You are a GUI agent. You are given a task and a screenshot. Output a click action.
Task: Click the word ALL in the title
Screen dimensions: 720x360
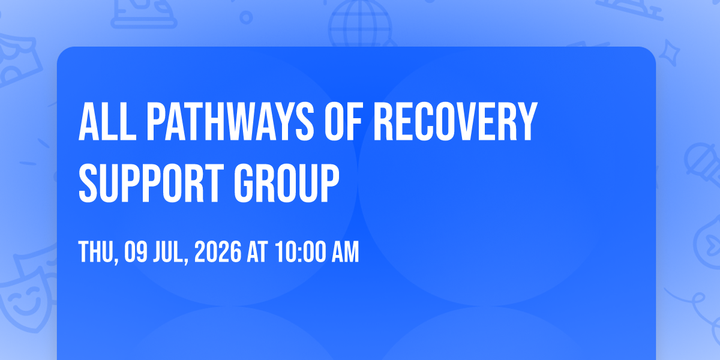[107, 121]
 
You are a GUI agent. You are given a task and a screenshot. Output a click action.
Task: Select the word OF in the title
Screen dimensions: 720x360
[344, 121]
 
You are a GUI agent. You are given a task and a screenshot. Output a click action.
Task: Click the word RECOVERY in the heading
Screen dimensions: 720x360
[455, 121]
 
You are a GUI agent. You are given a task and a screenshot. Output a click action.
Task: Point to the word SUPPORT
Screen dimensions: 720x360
[151, 183]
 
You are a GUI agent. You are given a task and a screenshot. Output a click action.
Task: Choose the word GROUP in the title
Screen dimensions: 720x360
[286, 183]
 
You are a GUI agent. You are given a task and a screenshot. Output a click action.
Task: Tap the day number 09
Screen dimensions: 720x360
[136, 252]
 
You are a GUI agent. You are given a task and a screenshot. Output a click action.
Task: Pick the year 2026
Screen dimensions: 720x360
[218, 252]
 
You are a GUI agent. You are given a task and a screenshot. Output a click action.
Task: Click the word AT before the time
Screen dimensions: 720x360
[257, 252]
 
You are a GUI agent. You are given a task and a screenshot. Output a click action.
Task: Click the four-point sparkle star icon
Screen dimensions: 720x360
[670, 53]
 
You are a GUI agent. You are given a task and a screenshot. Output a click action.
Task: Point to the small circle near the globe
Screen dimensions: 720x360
[246, 17]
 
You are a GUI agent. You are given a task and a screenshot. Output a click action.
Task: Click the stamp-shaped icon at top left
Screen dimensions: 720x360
[143, 13]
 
